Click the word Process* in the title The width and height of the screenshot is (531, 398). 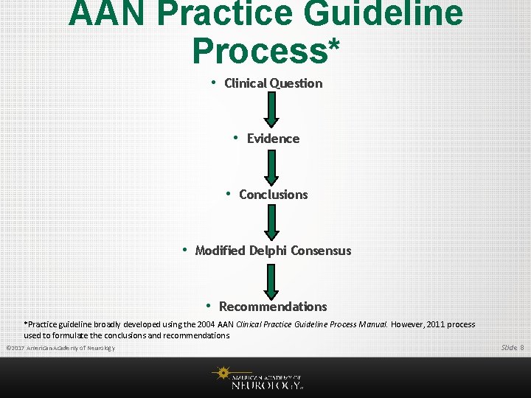tap(265, 50)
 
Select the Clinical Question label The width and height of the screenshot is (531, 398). tap(273, 83)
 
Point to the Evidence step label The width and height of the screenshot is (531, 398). tap(273, 139)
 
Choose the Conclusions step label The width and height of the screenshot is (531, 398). tap(273, 195)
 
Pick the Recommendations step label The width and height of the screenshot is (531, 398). tap(273, 307)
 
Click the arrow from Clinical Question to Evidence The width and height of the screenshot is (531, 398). tap(272, 110)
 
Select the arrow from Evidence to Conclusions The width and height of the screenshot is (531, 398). tap(272, 166)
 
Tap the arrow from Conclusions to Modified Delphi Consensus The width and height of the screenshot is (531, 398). tap(272, 222)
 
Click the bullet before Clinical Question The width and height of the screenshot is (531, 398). tap(213, 83)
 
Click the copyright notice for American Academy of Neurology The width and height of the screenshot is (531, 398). tap(60, 348)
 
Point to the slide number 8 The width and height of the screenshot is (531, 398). tap(522, 347)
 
